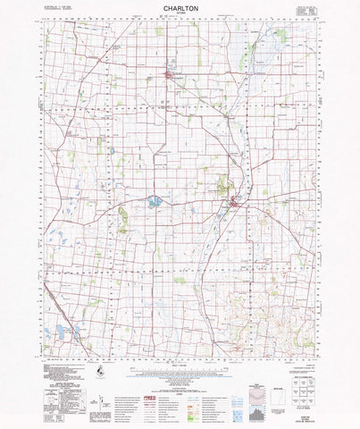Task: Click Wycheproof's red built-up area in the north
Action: [x=171, y=83]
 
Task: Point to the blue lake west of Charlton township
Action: [x=155, y=202]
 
